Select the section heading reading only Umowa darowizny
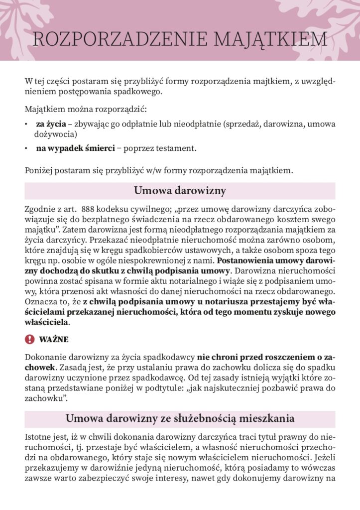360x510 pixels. click(180, 191)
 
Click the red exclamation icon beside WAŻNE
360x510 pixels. click(29, 339)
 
